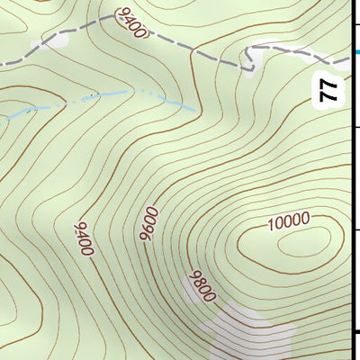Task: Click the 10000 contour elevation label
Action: [x=288, y=220]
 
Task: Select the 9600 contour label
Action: [x=148, y=223]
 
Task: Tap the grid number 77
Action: [x=328, y=89]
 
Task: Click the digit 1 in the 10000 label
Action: [x=272, y=223]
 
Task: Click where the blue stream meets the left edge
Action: [x=2, y=116]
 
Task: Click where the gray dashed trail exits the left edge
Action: [x=2, y=62]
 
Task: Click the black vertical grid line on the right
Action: [x=352, y=180]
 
